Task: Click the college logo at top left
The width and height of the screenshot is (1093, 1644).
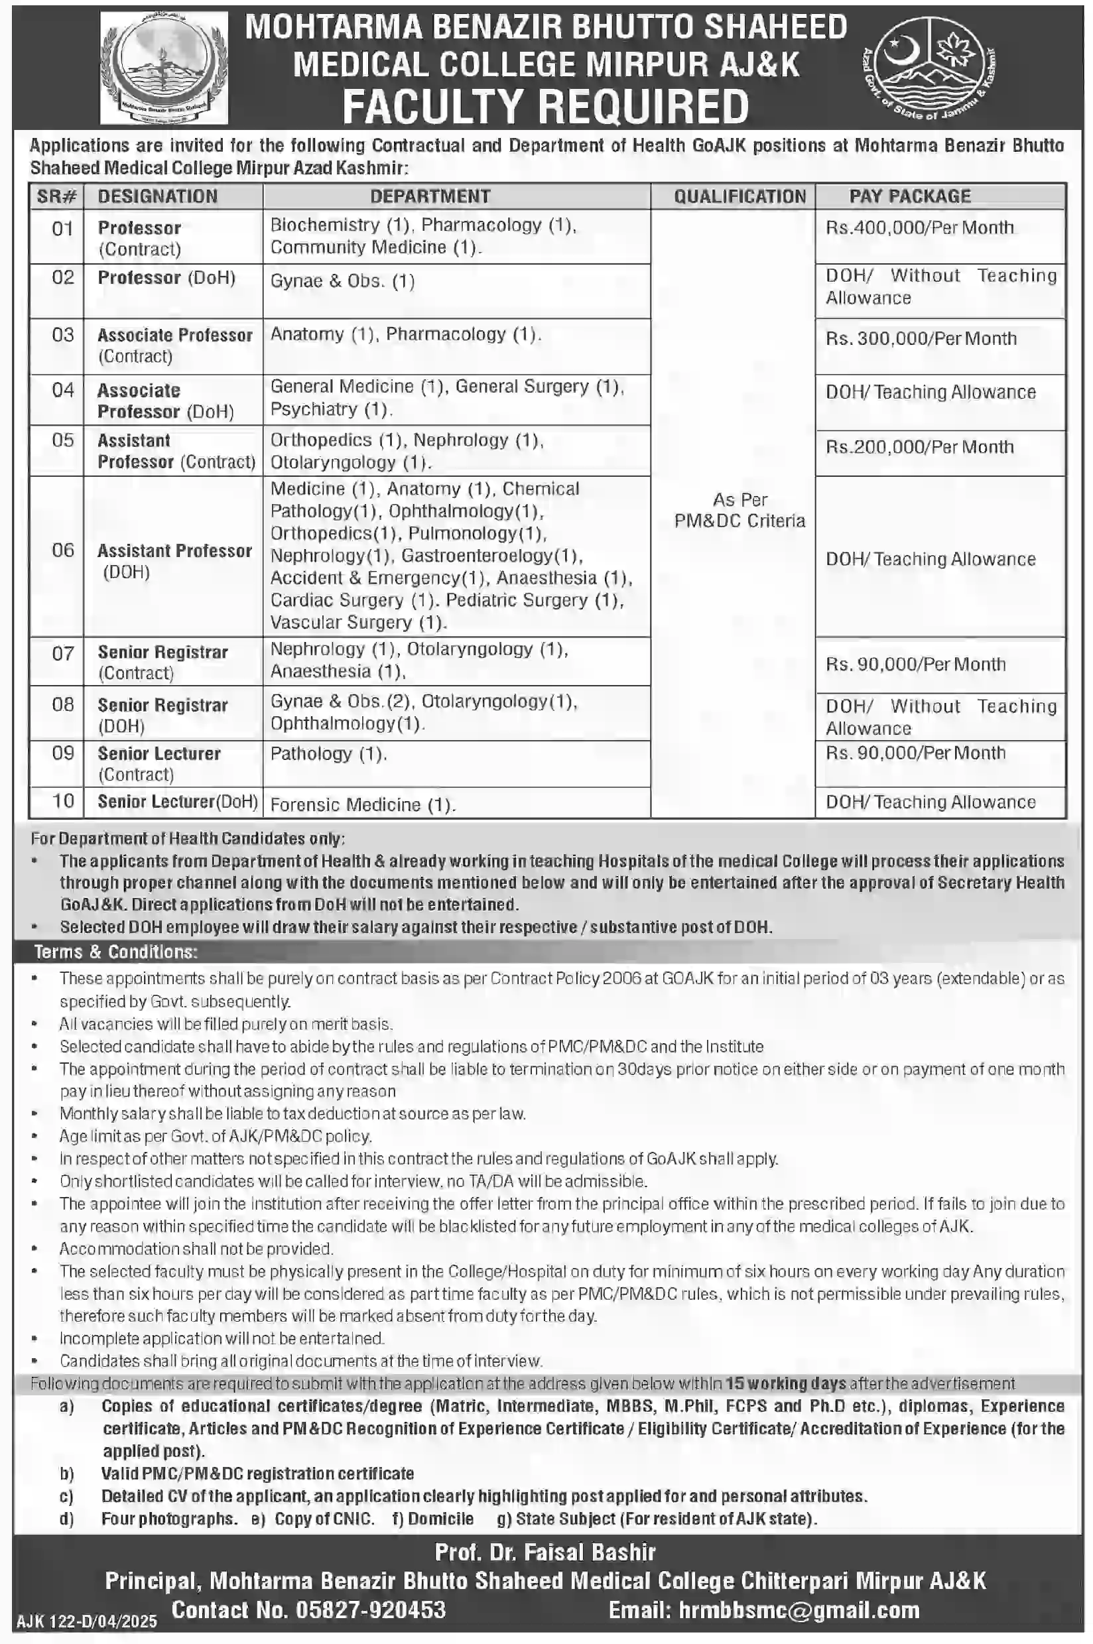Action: [x=164, y=68]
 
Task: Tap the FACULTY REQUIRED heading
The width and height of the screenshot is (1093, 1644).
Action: [x=546, y=107]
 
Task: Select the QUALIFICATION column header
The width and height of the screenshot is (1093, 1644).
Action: [x=739, y=196]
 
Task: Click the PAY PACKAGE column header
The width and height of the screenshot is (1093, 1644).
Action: [x=910, y=196]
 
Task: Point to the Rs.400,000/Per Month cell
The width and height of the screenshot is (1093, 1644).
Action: [x=919, y=228]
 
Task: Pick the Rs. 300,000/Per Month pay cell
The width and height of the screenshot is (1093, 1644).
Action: [x=921, y=339]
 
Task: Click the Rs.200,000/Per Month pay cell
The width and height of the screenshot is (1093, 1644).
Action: [x=919, y=448]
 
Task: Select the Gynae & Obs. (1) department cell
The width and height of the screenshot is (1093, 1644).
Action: [x=342, y=281]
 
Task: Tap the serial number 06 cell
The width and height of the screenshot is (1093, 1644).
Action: [x=63, y=550]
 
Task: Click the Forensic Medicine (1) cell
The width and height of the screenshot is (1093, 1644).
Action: [x=363, y=805]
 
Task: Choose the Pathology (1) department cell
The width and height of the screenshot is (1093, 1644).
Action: [x=328, y=754]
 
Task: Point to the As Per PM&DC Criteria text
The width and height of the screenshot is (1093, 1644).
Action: [x=739, y=510]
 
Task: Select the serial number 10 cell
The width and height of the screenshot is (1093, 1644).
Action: [x=63, y=801]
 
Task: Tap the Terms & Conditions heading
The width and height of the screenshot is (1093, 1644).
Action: [x=115, y=952]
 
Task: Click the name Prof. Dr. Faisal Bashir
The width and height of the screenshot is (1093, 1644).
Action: [x=545, y=1552]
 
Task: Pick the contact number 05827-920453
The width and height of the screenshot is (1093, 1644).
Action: [x=370, y=1610]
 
